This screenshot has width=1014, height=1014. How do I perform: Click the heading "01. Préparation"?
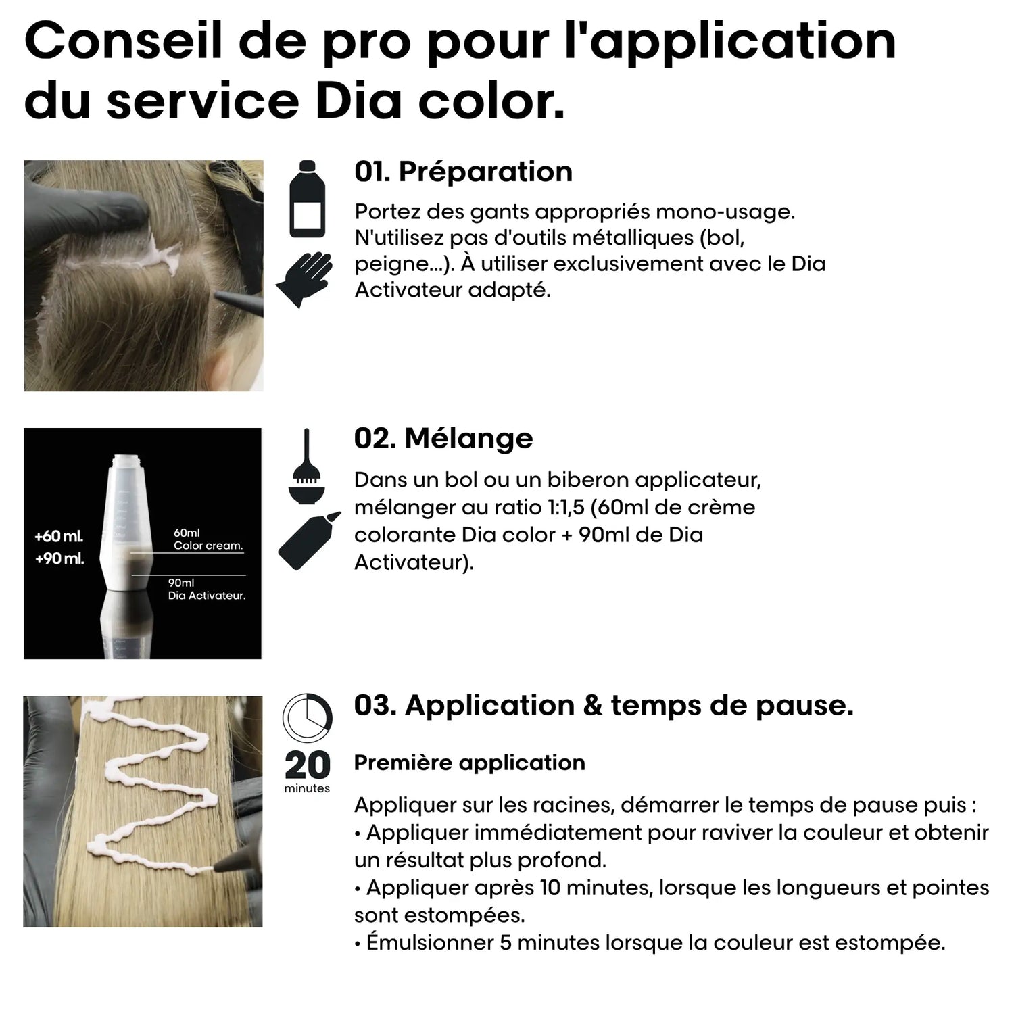click(x=463, y=172)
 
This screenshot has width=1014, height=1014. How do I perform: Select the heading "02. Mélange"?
click(x=443, y=438)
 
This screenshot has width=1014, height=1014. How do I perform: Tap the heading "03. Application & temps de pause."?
click(x=603, y=705)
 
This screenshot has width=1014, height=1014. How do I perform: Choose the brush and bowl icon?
click(x=306, y=466)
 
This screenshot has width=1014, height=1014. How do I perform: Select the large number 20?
click(x=307, y=765)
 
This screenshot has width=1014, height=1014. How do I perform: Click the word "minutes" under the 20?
click(x=307, y=788)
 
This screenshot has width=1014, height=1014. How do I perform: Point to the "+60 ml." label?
click(x=59, y=537)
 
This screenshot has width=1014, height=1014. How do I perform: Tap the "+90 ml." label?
click(x=59, y=559)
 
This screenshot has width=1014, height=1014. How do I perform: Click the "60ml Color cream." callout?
click(x=208, y=539)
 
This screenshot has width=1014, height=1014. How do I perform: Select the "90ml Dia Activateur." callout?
click(x=206, y=589)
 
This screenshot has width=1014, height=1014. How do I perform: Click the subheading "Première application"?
click(x=469, y=763)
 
